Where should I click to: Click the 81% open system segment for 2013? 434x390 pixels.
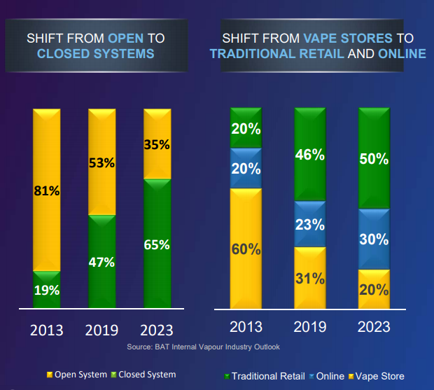46,189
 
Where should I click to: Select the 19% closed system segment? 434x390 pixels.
46,289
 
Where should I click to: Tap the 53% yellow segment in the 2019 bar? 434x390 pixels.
102,162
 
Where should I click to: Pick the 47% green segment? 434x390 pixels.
102,261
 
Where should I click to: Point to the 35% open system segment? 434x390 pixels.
157,144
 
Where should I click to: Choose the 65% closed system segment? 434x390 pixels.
157,244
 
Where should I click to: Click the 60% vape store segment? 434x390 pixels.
246,248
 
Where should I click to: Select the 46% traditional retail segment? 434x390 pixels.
309,155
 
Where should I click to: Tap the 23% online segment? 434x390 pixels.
309,224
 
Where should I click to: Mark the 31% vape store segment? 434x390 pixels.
309,277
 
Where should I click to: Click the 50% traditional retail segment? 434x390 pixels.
374,158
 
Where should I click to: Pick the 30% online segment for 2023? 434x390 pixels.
374,239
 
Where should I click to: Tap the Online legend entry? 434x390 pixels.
325,376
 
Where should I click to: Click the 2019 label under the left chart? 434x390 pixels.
102,330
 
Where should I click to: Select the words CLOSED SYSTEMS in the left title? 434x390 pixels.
95,53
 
